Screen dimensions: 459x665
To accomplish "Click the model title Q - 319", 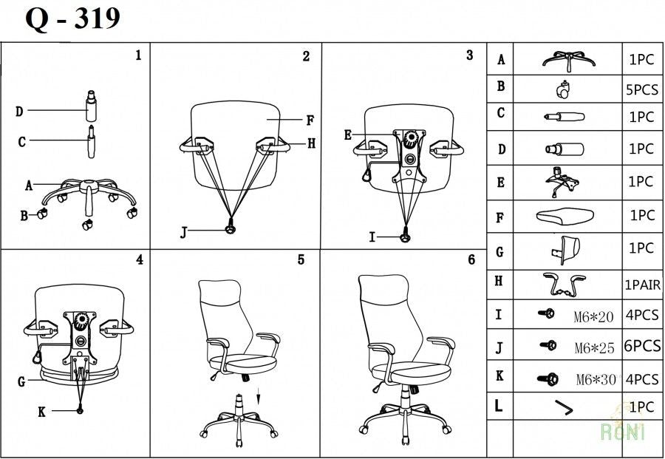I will pyautogui.click(x=72, y=18).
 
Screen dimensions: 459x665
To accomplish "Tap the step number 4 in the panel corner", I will pyautogui.click(x=139, y=259).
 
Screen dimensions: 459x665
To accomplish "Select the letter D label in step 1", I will pyautogui.click(x=19, y=112).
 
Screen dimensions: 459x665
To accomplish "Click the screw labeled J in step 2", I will pyautogui.click(x=231, y=231).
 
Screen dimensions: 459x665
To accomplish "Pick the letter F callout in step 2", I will pyautogui.click(x=310, y=119).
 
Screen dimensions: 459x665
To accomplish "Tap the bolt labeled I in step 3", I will pyautogui.click(x=404, y=237).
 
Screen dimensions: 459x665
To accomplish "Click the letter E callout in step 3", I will pyautogui.click(x=348, y=135).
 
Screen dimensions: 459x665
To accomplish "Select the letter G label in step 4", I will pyautogui.click(x=21, y=382).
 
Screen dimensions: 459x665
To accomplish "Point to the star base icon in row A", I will pyautogui.click(x=567, y=59).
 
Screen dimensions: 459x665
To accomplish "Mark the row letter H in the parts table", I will pyautogui.click(x=499, y=282).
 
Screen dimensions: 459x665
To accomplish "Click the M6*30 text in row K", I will pyautogui.click(x=595, y=380).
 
